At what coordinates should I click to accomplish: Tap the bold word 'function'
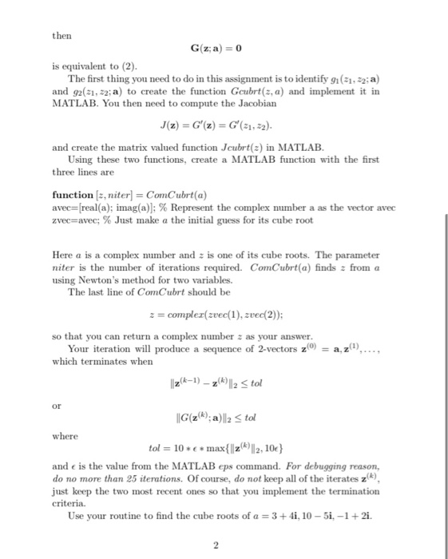72,194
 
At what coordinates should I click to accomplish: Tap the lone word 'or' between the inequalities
56,405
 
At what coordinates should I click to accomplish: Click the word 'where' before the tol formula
64,436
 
